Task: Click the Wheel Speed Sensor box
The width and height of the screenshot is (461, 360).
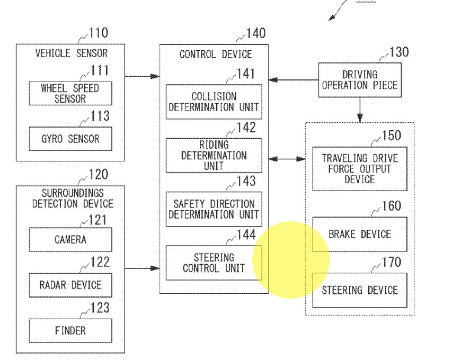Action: [70, 93]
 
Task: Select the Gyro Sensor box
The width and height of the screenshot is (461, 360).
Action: [70, 139]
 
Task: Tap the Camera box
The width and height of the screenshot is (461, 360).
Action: [70, 240]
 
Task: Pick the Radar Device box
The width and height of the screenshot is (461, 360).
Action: [70, 285]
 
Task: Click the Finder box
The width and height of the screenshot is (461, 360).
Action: [70, 331]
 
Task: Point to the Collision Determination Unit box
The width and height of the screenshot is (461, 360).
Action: [214, 102]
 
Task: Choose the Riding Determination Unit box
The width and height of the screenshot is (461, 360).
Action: [214, 155]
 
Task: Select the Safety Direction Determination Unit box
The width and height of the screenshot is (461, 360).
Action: [214, 209]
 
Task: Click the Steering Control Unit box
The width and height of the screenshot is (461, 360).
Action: [214, 263]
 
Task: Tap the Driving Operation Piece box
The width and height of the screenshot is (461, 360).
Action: [360, 80]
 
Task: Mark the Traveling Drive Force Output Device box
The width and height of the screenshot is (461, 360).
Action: [360, 169]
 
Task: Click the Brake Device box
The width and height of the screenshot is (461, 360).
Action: [360, 235]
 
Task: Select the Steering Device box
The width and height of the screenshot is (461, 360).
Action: [360, 291]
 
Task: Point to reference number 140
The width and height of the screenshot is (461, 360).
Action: [256, 33]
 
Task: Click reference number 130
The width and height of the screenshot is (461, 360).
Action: [399, 52]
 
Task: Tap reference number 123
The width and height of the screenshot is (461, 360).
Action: [100, 308]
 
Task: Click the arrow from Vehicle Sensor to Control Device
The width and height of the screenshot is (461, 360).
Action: [143, 76]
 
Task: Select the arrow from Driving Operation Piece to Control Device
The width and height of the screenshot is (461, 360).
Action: [294, 80]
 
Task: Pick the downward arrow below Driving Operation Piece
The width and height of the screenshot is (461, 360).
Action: [360, 110]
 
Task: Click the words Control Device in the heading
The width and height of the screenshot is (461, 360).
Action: [216, 55]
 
